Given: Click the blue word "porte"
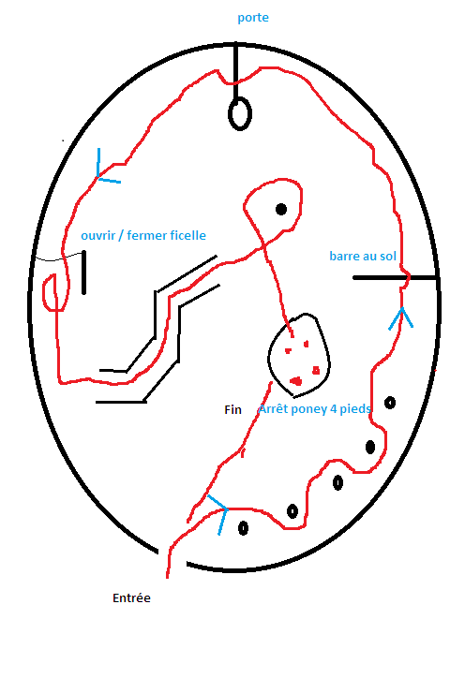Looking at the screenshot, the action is pyautogui.click(x=252, y=18).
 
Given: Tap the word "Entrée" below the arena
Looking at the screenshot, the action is pyautogui.click(x=131, y=597).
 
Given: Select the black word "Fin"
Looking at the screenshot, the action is pyautogui.click(x=232, y=409).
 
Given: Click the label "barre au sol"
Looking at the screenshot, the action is pyautogui.click(x=363, y=256).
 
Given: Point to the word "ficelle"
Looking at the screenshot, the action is pyautogui.click(x=188, y=235).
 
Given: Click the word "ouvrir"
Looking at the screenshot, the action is pyautogui.click(x=97, y=235).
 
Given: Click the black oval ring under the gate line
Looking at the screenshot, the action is pyautogui.click(x=240, y=114).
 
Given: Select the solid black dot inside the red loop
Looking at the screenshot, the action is pyautogui.click(x=281, y=209).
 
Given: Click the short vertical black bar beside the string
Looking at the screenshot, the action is pyautogui.click(x=83, y=273).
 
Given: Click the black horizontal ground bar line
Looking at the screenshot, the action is pyautogui.click(x=395, y=277).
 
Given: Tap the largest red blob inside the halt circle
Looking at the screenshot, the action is pyautogui.click(x=295, y=381).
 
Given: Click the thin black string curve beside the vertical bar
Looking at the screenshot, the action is pyautogui.click(x=59, y=258).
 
